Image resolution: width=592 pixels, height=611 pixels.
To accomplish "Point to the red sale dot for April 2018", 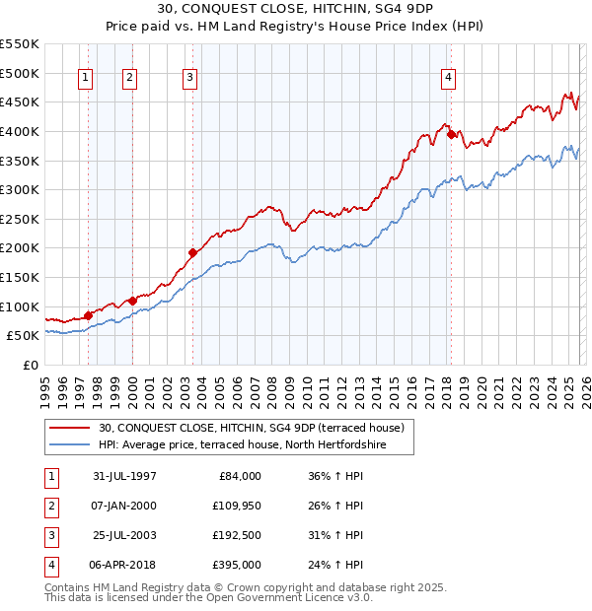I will (x=451, y=134).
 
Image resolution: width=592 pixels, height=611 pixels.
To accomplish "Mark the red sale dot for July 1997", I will (x=89, y=315).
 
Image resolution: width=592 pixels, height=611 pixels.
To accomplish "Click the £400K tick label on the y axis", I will (x=20, y=131).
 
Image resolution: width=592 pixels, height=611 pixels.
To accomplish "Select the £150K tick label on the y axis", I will (x=20, y=277).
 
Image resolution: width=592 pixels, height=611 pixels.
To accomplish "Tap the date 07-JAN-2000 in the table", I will (x=124, y=507).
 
